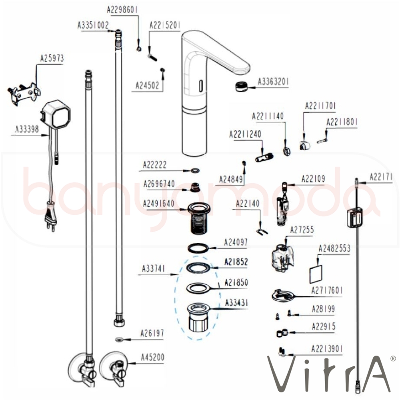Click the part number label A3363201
[273, 82]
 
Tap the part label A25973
[52, 58]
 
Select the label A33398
[27, 129]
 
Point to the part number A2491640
[159, 203]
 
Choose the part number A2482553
[334, 249]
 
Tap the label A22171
[381, 176]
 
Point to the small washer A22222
[194, 170]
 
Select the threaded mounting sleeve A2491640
[198, 218]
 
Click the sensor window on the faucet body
[199, 85]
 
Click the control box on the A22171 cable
[355, 218]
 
